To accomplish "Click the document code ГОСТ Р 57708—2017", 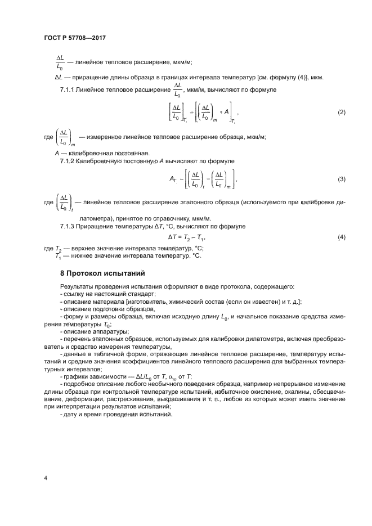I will tap(74, 38).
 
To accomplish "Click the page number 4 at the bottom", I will tap(46, 478).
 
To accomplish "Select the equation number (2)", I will tap(341, 113).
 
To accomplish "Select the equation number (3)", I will tap(341, 179).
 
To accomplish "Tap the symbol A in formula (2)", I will tap(226, 112).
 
